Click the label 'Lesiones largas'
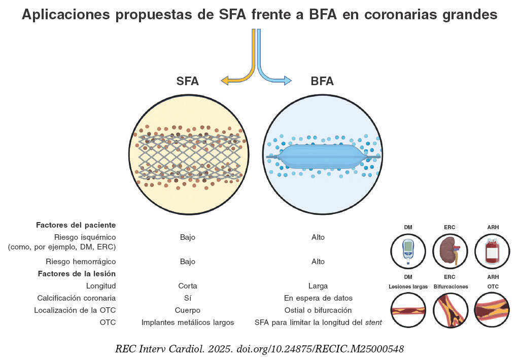408,286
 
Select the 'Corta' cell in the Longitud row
187,286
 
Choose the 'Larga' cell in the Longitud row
318,286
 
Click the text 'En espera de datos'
318,298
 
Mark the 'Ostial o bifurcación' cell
318,310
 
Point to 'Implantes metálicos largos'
187,322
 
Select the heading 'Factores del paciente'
76,225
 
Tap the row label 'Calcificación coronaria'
77,298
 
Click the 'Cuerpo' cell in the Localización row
187,310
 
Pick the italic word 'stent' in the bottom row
373,322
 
